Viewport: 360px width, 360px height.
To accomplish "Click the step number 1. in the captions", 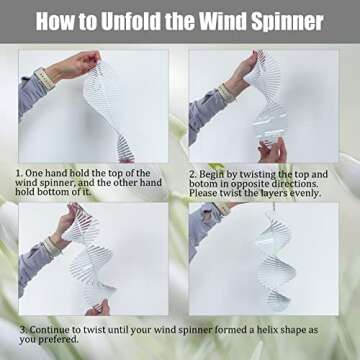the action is pos(19,173).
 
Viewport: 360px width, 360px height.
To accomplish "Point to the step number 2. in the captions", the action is pos(193,174).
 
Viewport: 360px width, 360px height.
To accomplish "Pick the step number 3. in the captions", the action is pos(23,330).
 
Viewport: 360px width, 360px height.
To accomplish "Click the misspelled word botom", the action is pos(201,184).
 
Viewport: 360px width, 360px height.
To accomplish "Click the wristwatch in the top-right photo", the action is pos(227,93).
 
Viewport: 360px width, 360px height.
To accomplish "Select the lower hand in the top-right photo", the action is pos(272,151).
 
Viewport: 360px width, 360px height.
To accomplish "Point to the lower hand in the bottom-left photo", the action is pos(98,308).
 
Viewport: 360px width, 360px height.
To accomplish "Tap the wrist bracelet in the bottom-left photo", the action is pos(53,247).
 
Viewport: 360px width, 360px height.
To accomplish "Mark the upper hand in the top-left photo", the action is pos(76,65).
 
